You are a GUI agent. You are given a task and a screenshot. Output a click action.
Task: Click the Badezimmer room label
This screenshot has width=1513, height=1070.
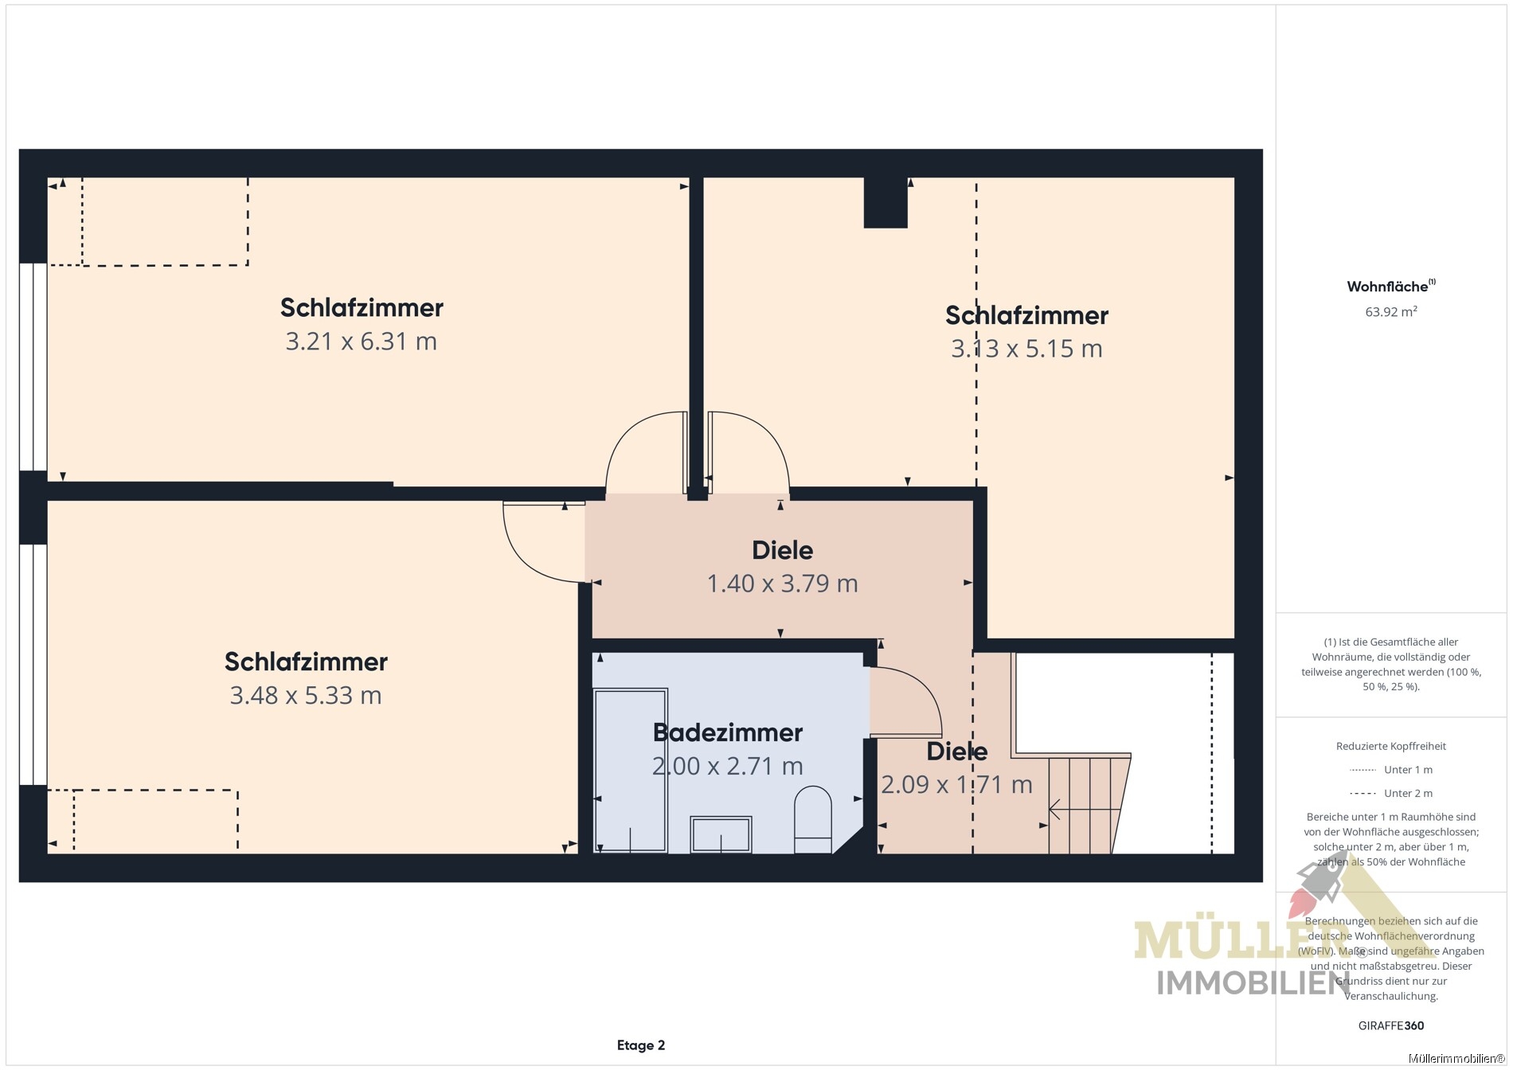[x=727, y=732]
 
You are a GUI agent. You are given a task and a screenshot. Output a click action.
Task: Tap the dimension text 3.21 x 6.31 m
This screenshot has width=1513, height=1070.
[x=362, y=342]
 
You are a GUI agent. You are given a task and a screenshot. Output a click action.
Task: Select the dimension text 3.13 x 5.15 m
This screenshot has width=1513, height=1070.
[x=1026, y=349]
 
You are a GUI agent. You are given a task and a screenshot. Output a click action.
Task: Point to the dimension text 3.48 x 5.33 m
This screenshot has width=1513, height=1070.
[x=306, y=696]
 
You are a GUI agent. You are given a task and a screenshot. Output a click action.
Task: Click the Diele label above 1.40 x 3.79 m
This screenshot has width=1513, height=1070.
[x=782, y=550]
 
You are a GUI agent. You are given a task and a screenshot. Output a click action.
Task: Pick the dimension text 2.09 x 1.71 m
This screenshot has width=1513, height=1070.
[x=956, y=785]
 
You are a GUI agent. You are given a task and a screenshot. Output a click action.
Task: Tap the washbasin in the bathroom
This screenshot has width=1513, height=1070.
[x=721, y=835]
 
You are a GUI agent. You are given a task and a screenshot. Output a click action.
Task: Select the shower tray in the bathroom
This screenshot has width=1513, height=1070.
[x=631, y=771]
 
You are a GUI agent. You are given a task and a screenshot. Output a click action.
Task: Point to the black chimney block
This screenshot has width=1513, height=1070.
[x=886, y=202]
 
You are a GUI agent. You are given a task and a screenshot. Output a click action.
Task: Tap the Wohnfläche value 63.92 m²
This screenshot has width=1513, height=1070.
[x=1390, y=312]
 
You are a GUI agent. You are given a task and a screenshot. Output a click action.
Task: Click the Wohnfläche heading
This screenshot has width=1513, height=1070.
[x=1390, y=286]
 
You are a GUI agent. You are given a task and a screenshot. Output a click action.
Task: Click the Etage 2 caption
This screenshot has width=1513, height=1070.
[x=641, y=1045]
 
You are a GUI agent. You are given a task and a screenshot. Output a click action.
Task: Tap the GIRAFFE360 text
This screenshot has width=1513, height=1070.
[x=1391, y=1025]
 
